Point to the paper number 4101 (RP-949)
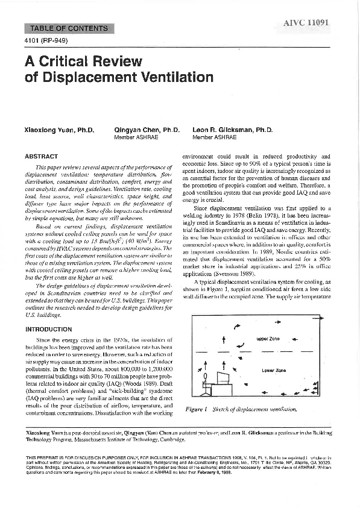point(46,40)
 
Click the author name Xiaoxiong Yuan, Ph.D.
point(59,130)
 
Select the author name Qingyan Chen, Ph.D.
point(147,130)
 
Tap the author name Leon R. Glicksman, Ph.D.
point(233,130)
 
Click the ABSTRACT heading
point(42,157)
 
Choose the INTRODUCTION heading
point(49,330)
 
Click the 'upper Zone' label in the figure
point(268,339)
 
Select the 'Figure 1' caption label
point(197,410)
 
